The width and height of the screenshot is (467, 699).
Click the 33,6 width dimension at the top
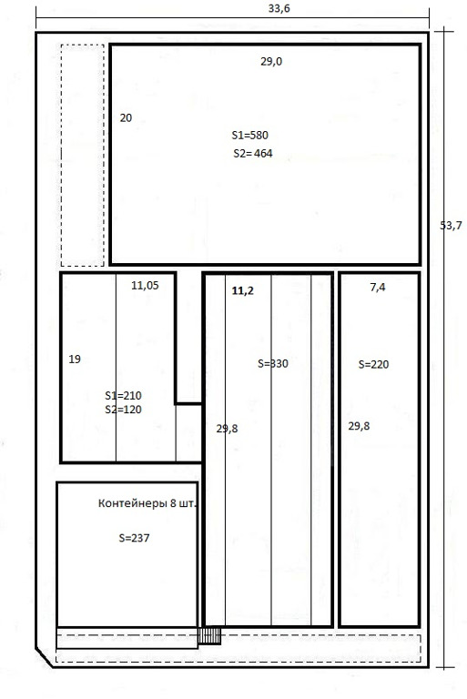click(x=279, y=8)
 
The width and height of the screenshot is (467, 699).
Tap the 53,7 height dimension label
click(x=451, y=226)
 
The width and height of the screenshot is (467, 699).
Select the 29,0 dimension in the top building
click(x=271, y=62)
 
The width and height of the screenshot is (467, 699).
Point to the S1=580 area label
click(x=249, y=135)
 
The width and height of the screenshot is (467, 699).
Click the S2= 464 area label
click(x=253, y=153)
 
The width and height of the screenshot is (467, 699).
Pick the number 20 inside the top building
click(x=126, y=117)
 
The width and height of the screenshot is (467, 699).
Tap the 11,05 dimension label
click(x=145, y=285)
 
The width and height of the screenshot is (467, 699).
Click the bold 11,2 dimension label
click(x=243, y=291)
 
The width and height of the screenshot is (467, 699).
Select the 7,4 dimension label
click(x=378, y=288)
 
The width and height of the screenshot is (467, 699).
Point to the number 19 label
click(x=75, y=359)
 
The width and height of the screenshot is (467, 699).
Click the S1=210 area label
click(x=123, y=395)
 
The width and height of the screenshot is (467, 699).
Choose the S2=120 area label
click(x=123, y=410)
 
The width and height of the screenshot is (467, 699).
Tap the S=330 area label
click(x=273, y=364)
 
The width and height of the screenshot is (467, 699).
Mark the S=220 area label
click(x=374, y=365)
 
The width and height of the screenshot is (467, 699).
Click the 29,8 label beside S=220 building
click(x=359, y=426)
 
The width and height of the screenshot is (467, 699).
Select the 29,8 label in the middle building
click(x=227, y=429)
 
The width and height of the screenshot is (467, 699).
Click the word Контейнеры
click(x=133, y=503)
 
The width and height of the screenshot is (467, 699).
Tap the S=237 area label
click(x=134, y=538)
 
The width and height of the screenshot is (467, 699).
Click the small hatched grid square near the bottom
click(x=209, y=636)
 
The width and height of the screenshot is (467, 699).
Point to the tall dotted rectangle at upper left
click(x=61, y=155)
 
